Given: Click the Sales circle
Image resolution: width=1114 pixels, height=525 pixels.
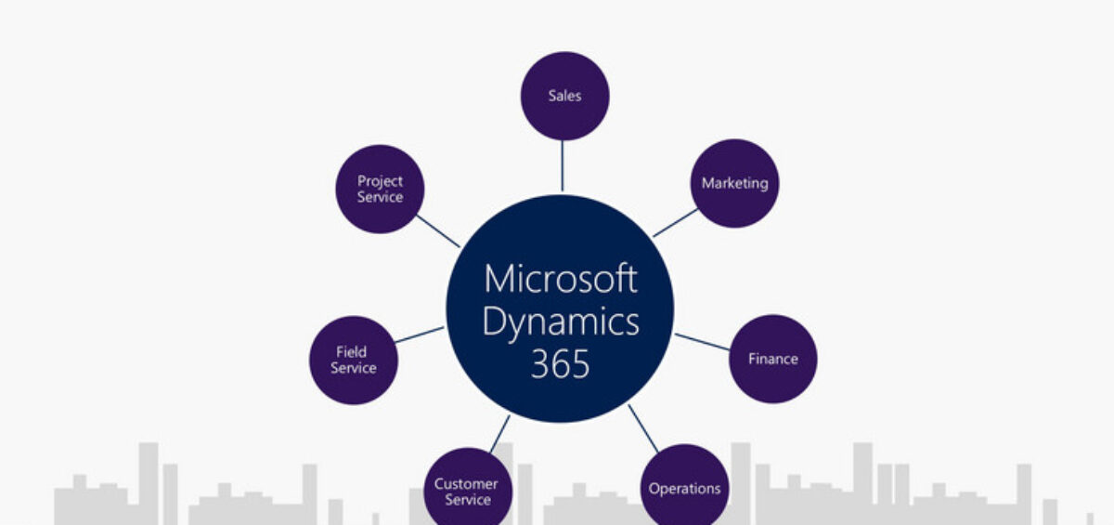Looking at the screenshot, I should click(x=564, y=96).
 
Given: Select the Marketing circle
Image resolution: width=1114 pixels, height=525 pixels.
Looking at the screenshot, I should click(x=734, y=183).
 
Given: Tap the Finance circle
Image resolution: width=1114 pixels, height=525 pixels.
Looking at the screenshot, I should click(x=772, y=359).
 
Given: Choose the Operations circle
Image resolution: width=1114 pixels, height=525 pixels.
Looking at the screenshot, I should click(x=684, y=488).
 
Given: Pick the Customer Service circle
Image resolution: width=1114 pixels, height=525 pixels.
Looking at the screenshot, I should click(x=467, y=491).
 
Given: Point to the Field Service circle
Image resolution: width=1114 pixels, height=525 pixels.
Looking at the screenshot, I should click(x=354, y=360).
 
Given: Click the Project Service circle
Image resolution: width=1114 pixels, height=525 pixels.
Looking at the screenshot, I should click(x=380, y=189).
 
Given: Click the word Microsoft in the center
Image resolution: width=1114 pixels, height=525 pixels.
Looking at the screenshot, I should click(x=561, y=278).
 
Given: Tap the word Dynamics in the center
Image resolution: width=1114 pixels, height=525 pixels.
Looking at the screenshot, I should click(x=561, y=322).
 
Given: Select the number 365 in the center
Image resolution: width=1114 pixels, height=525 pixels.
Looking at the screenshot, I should click(x=560, y=364).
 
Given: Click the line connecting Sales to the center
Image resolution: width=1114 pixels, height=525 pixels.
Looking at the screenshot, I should click(x=562, y=165).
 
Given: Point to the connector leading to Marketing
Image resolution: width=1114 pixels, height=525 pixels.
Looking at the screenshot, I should click(x=675, y=222).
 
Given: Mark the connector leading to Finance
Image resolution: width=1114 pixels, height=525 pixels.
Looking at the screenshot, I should click(x=702, y=342).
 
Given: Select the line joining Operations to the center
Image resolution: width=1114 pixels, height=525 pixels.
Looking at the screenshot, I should click(x=642, y=427).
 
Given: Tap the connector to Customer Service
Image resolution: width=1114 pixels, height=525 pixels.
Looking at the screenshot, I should click(x=499, y=433).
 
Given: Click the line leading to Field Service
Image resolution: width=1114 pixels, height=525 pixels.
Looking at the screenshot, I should click(x=420, y=335).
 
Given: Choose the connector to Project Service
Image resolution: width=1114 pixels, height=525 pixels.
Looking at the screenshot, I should click(x=438, y=231).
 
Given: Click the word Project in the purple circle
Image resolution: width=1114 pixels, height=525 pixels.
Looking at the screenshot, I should click(x=380, y=181).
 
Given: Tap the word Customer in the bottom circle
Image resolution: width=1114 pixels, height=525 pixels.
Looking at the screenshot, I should click(x=466, y=484).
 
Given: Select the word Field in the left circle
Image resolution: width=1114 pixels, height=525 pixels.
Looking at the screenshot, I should click(x=353, y=352).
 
